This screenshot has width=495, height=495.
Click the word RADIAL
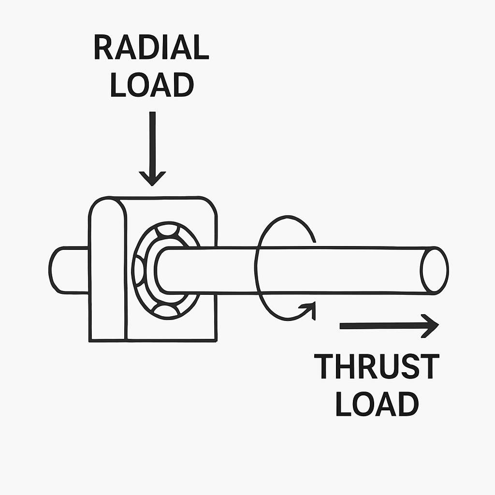point(151,48)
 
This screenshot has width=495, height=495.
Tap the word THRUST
point(377,367)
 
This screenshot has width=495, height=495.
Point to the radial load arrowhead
point(152,177)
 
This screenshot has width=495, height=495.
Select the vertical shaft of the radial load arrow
point(152,140)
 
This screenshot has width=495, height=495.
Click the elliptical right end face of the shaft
point(434,270)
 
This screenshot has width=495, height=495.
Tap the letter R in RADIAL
point(103,48)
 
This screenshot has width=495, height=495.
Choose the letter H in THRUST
point(349,367)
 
